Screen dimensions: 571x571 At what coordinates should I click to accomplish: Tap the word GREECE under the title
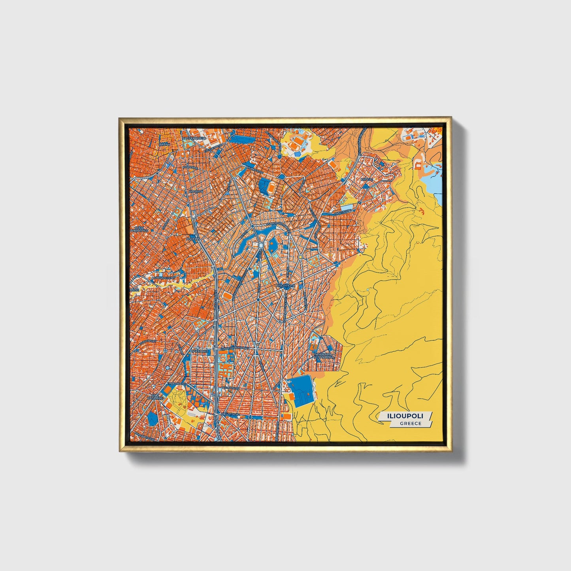(410, 424)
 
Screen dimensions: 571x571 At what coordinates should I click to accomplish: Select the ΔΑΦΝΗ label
(164, 145)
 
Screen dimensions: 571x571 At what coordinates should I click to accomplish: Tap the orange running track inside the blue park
(271, 188)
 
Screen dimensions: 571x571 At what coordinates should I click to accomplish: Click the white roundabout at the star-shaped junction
(261, 246)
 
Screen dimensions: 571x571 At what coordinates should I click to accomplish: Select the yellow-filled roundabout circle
(300, 257)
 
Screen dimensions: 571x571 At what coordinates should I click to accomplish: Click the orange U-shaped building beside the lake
(418, 164)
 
